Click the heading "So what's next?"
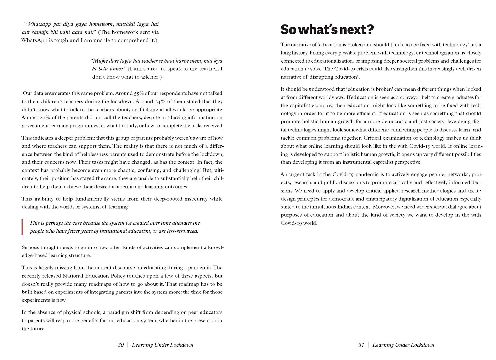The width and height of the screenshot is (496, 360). tap(327, 29)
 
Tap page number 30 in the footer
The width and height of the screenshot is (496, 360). tap(121, 345)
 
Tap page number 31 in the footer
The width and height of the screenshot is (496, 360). tap(361, 345)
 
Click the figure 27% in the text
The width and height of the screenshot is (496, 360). tap(43, 118)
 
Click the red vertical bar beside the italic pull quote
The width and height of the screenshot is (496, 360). tap(22, 227)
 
